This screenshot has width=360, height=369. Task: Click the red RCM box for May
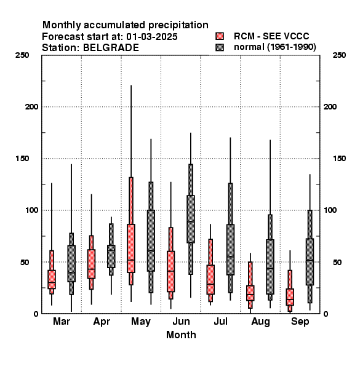pyautogui.click(x=131, y=248)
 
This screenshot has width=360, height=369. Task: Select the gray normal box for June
pyautogui.click(x=191, y=219)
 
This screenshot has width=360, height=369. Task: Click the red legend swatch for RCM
pyautogui.click(x=220, y=36)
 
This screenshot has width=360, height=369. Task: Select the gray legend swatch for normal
pyautogui.click(x=220, y=47)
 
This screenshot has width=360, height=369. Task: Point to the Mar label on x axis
pyautogui.click(x=62, y=321)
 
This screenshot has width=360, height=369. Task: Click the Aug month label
pyautogui.click(x=260, y=322)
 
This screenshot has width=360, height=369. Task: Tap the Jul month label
pyautogui.click(x=220, y=321)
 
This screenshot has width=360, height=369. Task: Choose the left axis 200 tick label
pyautogui.click(x=31, y=106)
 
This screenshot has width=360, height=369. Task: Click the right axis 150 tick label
pyautogui.click(x=339, y=159)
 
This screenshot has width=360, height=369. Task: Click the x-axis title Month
pyautogui.click(x=181, y=335)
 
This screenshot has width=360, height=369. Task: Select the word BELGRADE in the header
pyautogui.click(x=111, y=48)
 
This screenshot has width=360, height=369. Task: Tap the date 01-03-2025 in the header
pyautogui.click(x=152, y=37)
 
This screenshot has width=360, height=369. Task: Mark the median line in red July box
pyautogui.click(x=210, y=284)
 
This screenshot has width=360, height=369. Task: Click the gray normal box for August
pyautogui.click(x=270, y=267)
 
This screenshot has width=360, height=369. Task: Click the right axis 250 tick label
pyautogui.click(x=339, y=55)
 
